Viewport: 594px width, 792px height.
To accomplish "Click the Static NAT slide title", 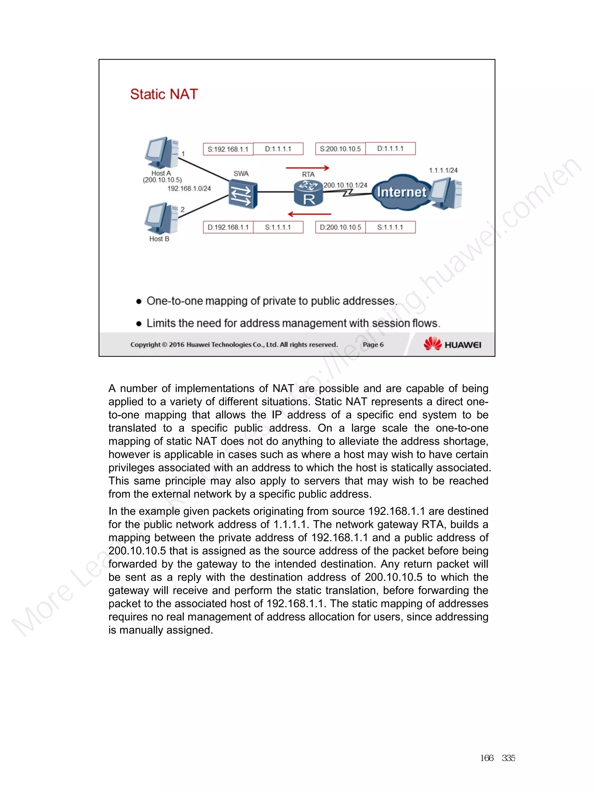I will pyautogui.click(x=164, y=94).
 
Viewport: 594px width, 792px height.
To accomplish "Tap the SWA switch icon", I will pyautogui.click(x=243, y=194).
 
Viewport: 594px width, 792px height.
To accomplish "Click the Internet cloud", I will pyautogui.click(x=401, y=192).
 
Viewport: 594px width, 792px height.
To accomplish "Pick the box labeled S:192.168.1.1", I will pyautogui.click(x=228, y=149).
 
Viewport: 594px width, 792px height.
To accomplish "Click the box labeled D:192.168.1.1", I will pyautogui.click(x=228, y=227).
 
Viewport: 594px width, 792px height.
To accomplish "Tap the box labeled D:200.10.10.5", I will pyautogui.click(x=340, y=227).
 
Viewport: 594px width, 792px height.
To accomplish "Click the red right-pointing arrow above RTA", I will pyautogui.click(x=307, y=168).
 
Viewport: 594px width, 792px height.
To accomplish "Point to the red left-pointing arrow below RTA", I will pyautogui.click(x=309, y=214).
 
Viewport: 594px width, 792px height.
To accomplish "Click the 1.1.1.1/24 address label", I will pyautogui.click(x=443, y=171).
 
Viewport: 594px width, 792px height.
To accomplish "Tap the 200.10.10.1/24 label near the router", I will pyautogui.click(x=345, y=185).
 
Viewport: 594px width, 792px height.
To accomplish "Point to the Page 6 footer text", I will pyautogui.click(x=373, y=345).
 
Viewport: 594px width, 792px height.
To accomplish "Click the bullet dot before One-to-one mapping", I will pyautogui.click(x=139, y=302).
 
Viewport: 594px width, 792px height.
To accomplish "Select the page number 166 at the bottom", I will pyautogui.click(x=487, y=758).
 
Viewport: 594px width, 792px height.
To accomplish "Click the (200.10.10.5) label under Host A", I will pyautogui.click(x=162, y=180).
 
